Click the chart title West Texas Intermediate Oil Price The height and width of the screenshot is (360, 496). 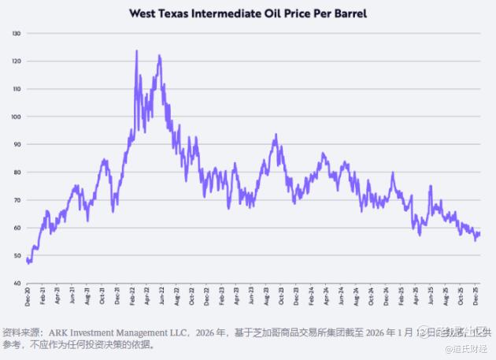pos(247,13)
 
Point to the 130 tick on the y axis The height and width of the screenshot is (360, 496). pos(16,33)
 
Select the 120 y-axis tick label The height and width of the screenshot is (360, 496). pos(16,61)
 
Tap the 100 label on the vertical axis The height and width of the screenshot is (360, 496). pos(16,117)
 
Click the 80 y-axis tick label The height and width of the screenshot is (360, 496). pos(17,172)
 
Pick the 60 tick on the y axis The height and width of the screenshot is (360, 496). pos(17,228)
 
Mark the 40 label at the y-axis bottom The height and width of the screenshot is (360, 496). pos(17,283)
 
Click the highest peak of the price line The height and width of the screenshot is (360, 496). pos(136,51)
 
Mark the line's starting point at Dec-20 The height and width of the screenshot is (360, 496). pos(27,258)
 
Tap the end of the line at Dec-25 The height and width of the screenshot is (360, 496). pos(479,233)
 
